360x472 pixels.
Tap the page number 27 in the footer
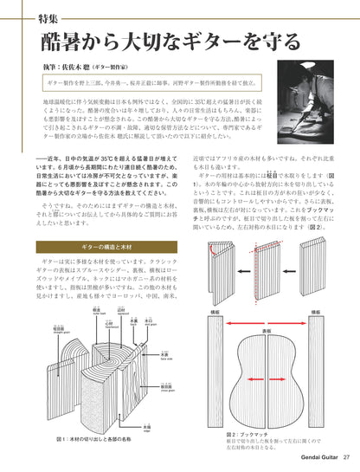[346, 458]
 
